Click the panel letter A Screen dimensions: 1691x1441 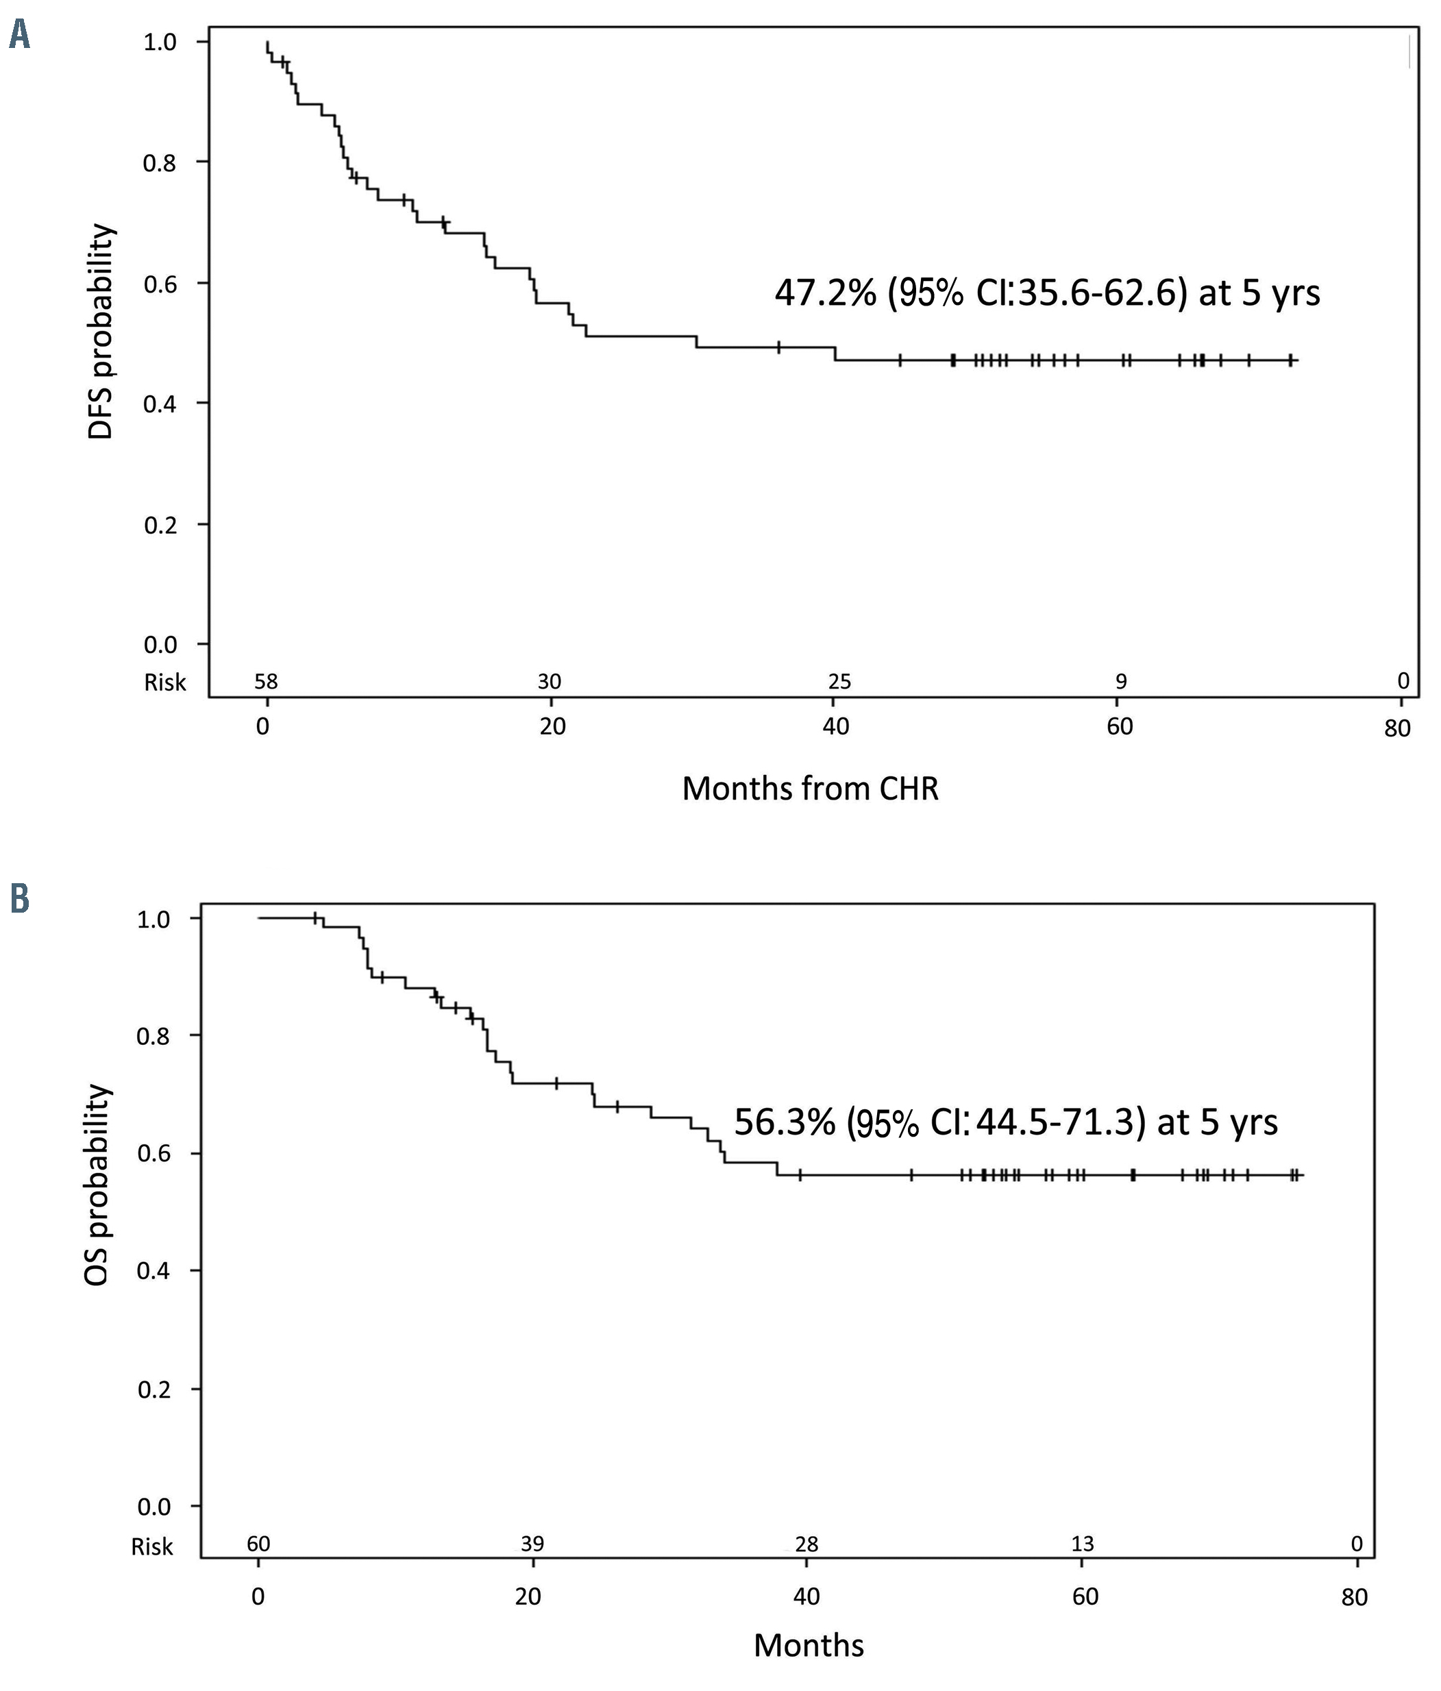[20, 35]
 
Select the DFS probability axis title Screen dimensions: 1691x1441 [101, 332]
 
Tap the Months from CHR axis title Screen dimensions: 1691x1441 [809, 789]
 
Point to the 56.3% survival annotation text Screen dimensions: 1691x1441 [1005, 1122]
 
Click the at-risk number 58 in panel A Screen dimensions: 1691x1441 [266, 680]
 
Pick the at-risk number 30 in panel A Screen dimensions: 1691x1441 [550, 680]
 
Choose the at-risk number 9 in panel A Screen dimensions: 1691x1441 [1120, 680]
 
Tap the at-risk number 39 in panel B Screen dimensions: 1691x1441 [532, 1543]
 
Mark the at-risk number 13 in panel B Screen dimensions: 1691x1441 [1082, 1543]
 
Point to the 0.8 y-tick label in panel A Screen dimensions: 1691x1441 [160, 163]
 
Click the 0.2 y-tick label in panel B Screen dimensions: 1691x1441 [154, 1389]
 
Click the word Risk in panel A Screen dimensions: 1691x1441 [165, 682]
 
